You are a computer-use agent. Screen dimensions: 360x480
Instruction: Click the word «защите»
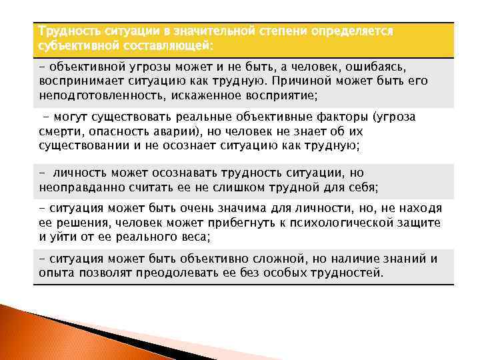pos(419,223)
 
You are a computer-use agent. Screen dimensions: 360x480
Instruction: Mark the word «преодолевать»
pos(189,273)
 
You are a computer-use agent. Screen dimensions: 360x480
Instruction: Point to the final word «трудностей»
pos(349,273)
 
